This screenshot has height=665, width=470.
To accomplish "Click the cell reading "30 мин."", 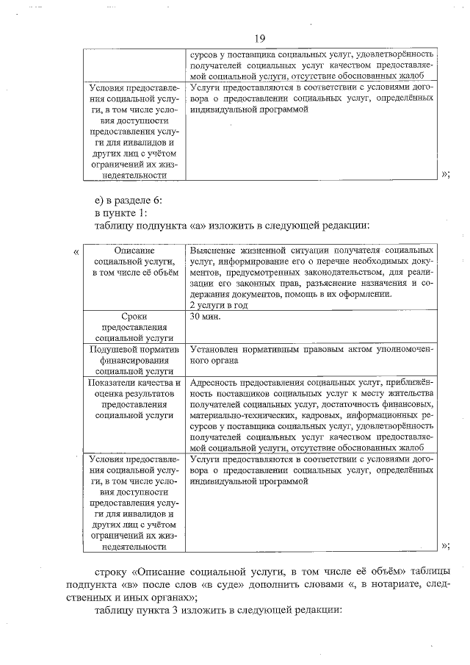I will (205, 317).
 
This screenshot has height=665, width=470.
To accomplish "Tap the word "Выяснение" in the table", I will (214, 251).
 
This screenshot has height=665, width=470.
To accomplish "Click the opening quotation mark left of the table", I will (77, 253).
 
